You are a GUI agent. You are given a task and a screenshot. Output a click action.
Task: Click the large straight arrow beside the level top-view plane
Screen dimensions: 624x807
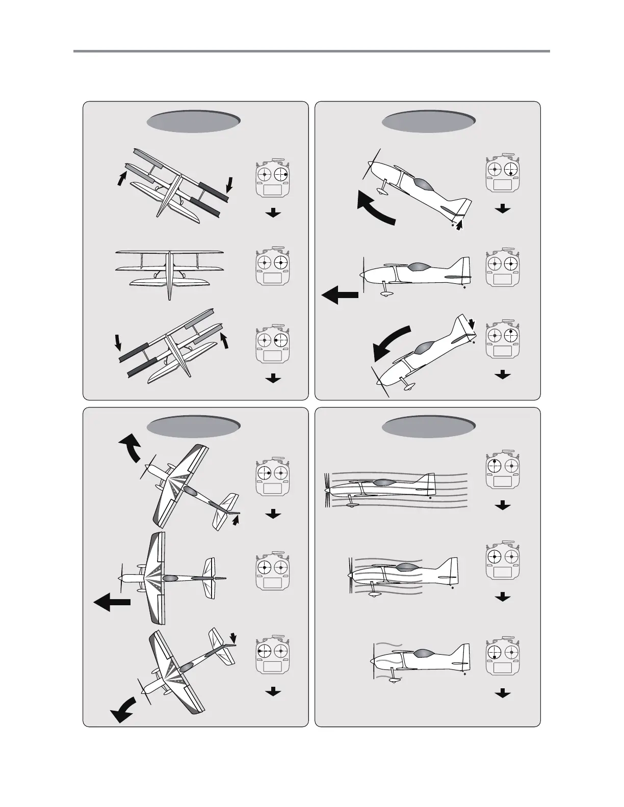112,601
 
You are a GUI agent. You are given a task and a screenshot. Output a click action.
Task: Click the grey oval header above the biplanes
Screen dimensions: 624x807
193,121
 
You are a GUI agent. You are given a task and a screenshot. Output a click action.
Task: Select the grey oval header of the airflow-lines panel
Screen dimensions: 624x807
428,426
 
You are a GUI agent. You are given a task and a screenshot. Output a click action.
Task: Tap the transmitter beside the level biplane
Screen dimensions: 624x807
274,266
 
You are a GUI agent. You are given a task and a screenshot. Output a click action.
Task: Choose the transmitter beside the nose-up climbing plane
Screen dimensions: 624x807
503,174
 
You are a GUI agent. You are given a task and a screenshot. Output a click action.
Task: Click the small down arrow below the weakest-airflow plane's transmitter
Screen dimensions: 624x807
503,693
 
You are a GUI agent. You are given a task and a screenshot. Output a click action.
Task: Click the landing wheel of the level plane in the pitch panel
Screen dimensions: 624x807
386,293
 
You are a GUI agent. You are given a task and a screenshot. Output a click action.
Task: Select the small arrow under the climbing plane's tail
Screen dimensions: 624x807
460,225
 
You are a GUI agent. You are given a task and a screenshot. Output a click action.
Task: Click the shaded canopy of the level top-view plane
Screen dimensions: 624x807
170,578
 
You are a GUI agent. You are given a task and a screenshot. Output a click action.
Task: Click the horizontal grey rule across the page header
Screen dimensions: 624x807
311,51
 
